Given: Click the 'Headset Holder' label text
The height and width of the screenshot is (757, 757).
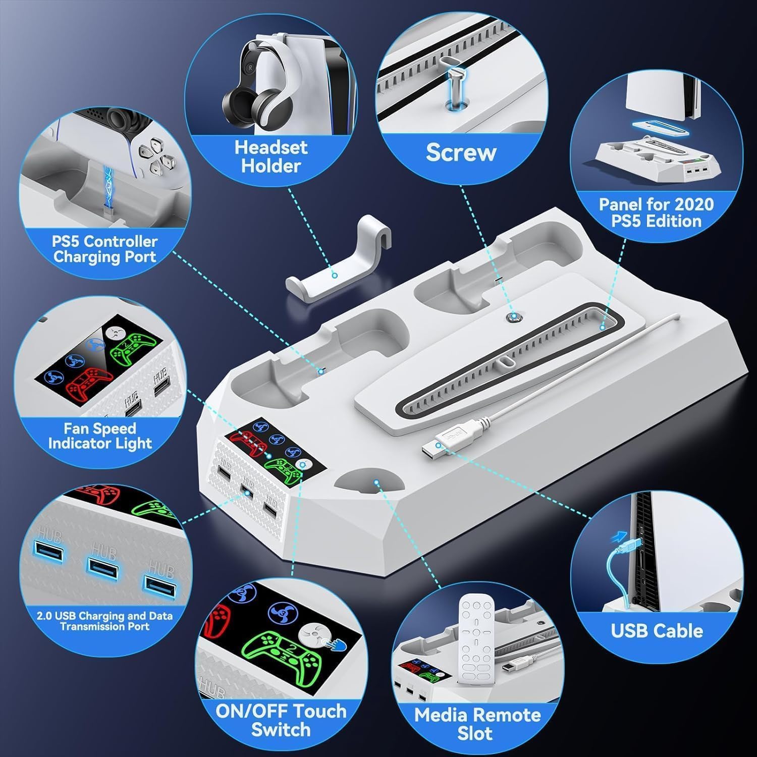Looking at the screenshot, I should point(271,156).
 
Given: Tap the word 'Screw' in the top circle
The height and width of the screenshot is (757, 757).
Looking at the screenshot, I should point(461,152).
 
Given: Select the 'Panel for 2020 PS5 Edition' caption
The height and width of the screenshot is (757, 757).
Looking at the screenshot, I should point(656,212).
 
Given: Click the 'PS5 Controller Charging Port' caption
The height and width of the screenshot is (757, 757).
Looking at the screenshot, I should point(104,249).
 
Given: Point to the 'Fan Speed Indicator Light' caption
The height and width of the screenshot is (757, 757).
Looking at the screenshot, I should point(99,436).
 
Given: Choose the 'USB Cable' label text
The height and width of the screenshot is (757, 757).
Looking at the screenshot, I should point(657,631).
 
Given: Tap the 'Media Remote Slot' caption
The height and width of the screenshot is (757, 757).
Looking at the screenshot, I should point(477,724).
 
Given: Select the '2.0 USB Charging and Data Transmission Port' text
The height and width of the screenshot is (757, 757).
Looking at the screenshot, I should point(104,621).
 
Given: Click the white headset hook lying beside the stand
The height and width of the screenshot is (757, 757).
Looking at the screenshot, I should point(333,262).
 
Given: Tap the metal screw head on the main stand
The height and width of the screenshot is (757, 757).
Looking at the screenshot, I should point(514,316).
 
